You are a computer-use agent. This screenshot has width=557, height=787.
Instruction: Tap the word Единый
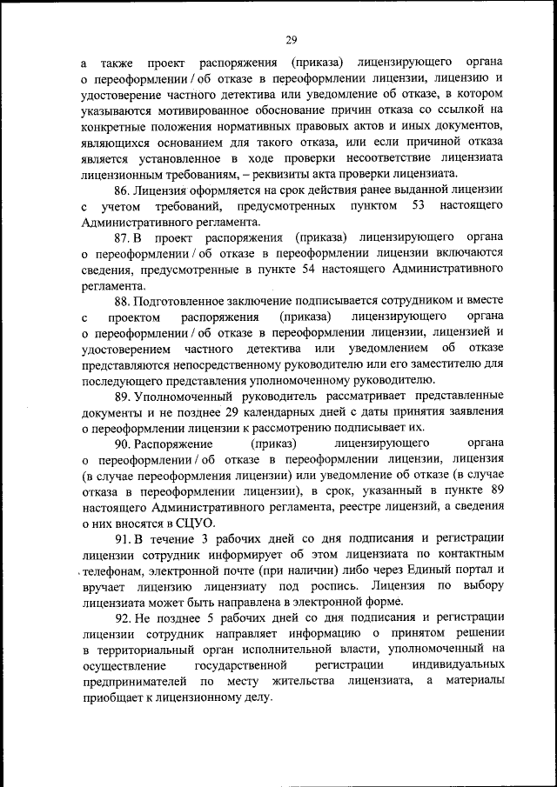416,570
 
